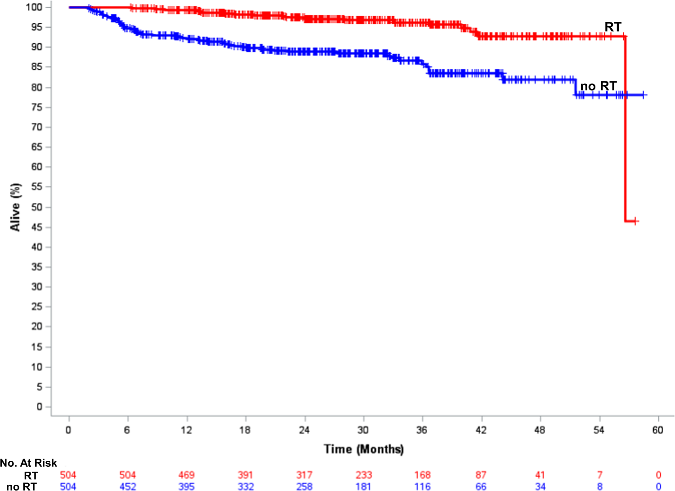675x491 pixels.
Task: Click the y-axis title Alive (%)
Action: pyautogui.click(x=15, y=207)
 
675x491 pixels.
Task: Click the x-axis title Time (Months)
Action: pyautogui.click(x=363, y=449)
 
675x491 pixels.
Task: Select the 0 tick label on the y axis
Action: pyautogui.click(x=39, y=407)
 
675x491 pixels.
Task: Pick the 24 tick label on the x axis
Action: pyautogui.click(x=304, y=430)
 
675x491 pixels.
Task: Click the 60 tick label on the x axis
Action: pyautogui.click(x=657, y=430)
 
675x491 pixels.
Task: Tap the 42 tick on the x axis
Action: pyautogui.click(x=481, y=430)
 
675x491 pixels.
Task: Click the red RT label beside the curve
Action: pyautogui.click(x=613, y=27)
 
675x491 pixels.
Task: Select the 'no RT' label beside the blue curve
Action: pyautogui.click(x=598, y=86)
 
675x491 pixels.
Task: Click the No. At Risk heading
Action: pyautogui.click(x=29, y=463)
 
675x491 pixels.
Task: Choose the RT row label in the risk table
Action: pyautogui.click(x=31, y=475)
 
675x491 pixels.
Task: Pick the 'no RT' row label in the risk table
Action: pyautogui.click(x=22, y=486)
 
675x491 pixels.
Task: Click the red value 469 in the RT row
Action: pyautogui.click(x=186, y=475)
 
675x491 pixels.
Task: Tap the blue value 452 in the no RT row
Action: pyautogui.click(x=127, y=486)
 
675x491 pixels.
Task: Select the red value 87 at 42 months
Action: pyautogui.click(x=481, y=475)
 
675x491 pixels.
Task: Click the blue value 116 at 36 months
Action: pyautogui.click(x=422, y=486)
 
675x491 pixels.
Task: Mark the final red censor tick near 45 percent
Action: pyautogui.click(x=635, y=221)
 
